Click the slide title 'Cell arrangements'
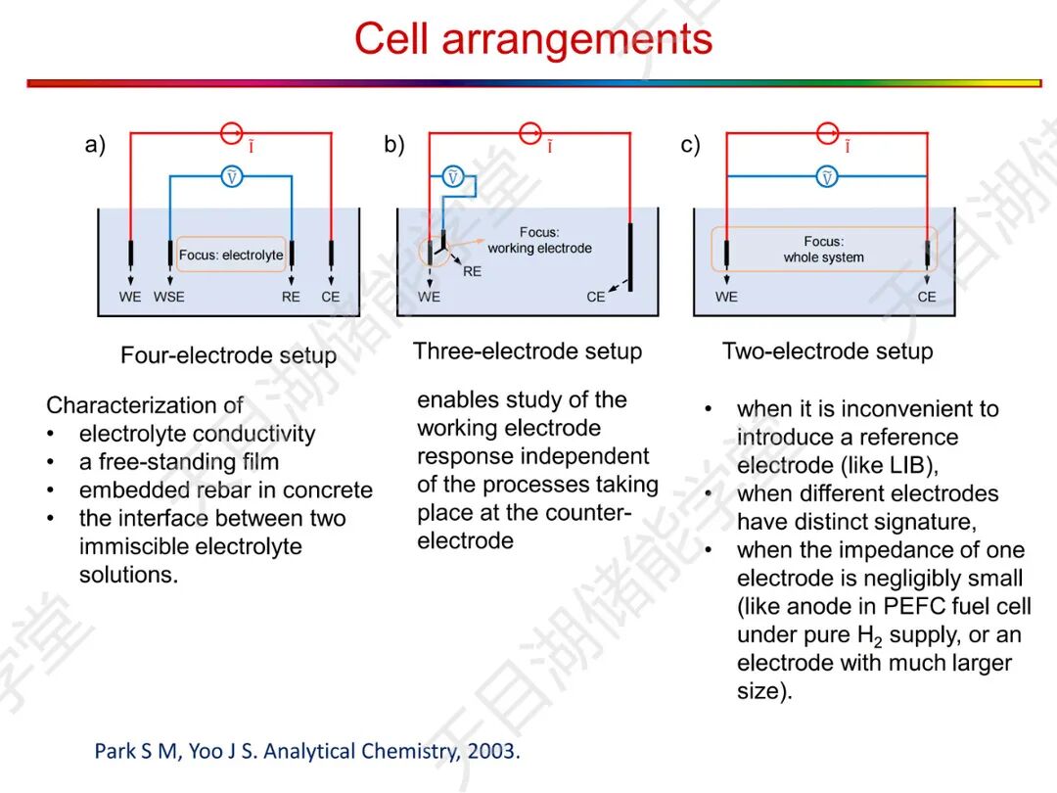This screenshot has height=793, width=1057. [x=532, y=39]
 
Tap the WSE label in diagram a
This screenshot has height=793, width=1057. [x=168, y=297]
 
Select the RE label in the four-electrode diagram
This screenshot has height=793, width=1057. [x=291, y=297]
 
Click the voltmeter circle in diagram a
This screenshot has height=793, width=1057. [x=231, y=177]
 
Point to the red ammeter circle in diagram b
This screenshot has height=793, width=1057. [x=529, y=132]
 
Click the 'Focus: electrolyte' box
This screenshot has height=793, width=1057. [x=231, y=255]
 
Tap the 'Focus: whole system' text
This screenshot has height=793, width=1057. [x=823, y=249]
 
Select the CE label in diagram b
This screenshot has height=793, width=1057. [x=595, y=297]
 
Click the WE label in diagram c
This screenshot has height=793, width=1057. [x=725, y=297]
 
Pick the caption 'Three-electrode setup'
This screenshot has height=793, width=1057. [x=528, y=351]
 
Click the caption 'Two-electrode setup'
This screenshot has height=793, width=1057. [x=827, y=351]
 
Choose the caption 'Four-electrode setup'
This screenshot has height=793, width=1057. [x=228, y=355]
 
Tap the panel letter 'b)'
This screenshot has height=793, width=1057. [x=393, y=146]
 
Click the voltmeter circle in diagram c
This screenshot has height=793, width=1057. [x=827, y=177]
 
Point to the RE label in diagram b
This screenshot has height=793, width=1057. [x=472, y=271]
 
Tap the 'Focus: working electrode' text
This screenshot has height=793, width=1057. [x=539, y=241]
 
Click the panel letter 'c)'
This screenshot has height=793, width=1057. [x=690, y=146]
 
